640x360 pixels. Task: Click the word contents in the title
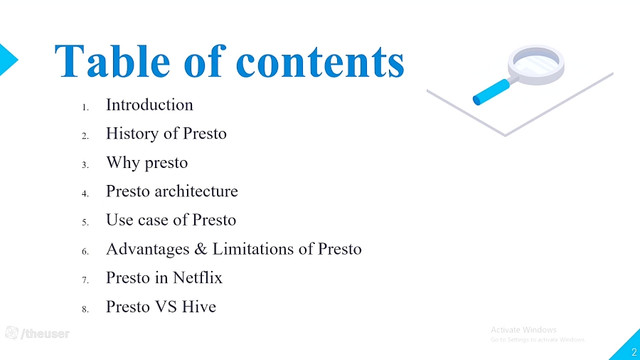(320, 61)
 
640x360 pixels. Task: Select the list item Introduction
(149, 105)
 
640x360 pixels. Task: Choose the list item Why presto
(146, 163)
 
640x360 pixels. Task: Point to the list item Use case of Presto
(171, 221)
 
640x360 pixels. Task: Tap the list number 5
(85, 222)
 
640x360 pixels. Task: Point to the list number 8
(85, 309)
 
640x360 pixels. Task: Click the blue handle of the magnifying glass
(491, 90)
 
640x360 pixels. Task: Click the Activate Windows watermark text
(523, 330)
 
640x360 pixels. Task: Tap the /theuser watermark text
(46, 334)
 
